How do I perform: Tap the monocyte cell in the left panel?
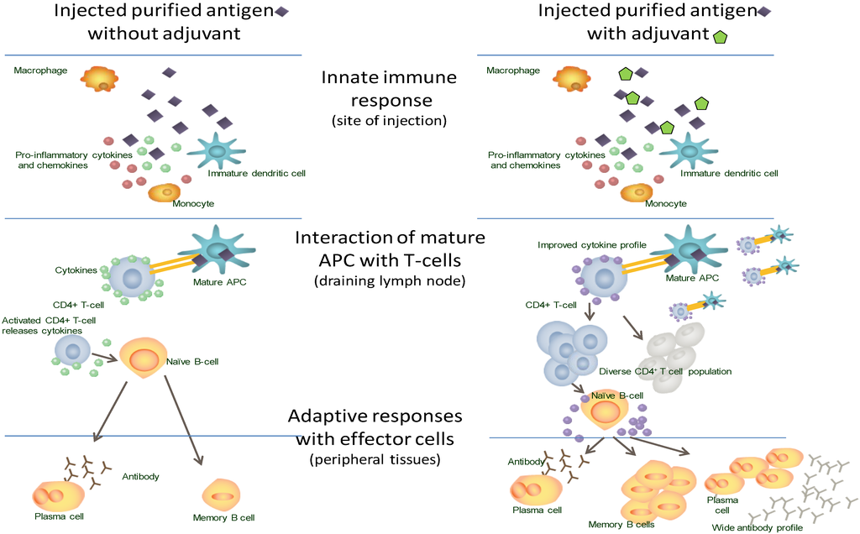[164, 192]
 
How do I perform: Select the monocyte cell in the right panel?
[637, 192]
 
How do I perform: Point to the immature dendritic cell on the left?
[217, 150]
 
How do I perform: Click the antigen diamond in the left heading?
[281, 12]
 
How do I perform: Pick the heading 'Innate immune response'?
[389, 89]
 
